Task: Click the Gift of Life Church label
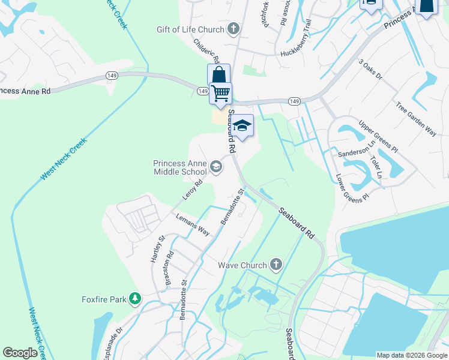tap(190, 29)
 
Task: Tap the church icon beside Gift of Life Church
tap(234, 29)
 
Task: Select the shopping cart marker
tap(221, 93)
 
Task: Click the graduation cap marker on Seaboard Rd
tap(243, 125)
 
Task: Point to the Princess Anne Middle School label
tap(180, 167)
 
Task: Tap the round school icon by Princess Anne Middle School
tap(216, 166)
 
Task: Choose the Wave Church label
tap(242, 265)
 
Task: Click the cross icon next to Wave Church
tap(276, 265)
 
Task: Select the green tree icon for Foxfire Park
tap(136, 299)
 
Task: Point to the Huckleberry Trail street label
tap(296, 43)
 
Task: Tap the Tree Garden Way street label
tap(416, 119)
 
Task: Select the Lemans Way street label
tap(192, 224)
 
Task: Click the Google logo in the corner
tap(20, 353)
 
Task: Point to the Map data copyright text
tap(411, 355)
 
